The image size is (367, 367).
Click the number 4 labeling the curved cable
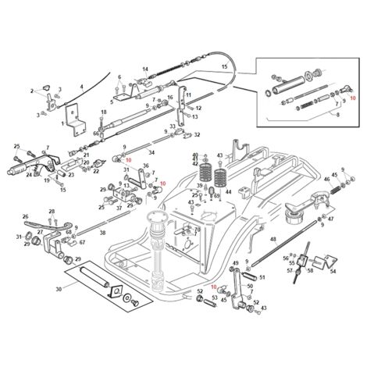(80, 87)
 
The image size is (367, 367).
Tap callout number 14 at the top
(144, 69)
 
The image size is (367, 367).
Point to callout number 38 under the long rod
(102, 233)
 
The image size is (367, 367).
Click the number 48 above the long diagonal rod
(273, 240)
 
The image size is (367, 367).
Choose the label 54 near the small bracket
(333, 272)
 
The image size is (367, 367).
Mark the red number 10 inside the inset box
(352, 98)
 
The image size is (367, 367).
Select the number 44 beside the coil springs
(228, 191)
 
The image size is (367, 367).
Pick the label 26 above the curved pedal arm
(25, 217)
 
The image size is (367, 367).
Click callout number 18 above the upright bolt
(103, 112)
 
